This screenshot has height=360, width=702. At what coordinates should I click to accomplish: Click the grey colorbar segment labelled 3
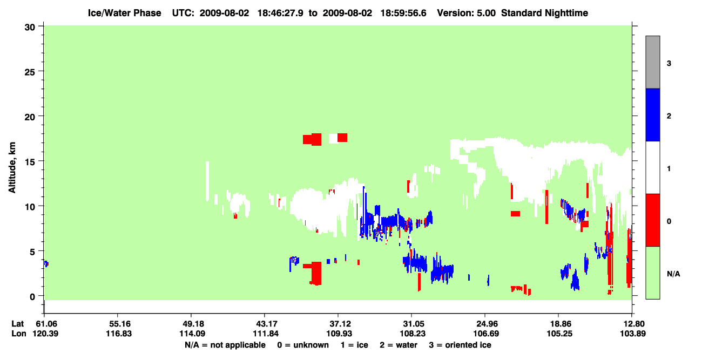(x=653, y=62)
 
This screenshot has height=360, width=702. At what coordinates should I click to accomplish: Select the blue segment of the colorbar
(x=653, y=114)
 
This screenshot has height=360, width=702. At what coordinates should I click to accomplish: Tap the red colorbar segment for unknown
(x=653, y=220)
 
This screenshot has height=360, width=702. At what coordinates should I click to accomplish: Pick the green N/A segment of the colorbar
(x=653, y=273)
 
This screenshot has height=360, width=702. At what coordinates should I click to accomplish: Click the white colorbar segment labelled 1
(x=653, y=167)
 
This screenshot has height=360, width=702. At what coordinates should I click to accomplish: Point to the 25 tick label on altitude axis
(x=30, y=72)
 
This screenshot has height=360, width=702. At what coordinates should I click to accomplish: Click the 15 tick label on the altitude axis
(x=30, y=162)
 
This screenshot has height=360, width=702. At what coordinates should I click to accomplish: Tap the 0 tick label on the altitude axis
(x=32, y=297)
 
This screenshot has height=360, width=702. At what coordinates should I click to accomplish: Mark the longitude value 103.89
(x=633, y=334)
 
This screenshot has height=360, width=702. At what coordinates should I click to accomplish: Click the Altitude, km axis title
(x=12, y=167)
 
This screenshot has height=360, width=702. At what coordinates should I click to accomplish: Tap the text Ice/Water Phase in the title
(x=124, y=13)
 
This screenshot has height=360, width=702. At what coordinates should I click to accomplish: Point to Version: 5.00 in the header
(x=467, y=13)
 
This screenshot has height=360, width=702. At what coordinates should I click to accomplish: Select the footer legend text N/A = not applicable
(x=225, y=345)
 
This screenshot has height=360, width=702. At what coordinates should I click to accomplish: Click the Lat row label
(x=18, y=324)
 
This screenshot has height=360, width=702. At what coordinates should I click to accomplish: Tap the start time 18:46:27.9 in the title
(x=280, y=13)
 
